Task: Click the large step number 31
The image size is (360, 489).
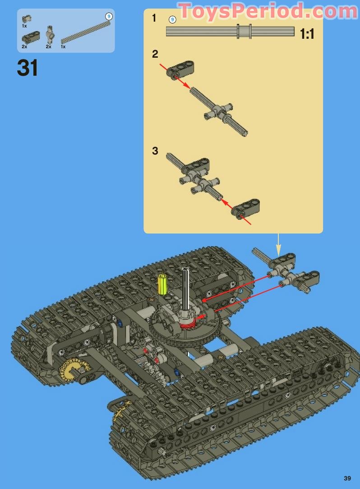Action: tap(28, 68)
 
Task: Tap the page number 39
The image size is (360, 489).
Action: tap(347, 478)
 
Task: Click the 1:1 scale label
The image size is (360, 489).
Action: tap(307, 34)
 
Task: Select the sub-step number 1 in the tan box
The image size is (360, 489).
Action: tap(154, 18)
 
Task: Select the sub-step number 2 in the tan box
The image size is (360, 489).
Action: tap(155, 54)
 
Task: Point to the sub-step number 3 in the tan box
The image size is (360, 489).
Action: tap(155, 151)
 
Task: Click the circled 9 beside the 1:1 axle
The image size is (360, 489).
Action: tap(172, 19)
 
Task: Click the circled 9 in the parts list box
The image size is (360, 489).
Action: tap(108, 16)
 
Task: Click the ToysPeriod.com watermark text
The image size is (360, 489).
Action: tap(268, 11)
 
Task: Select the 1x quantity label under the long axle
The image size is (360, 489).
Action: tap(63, 46)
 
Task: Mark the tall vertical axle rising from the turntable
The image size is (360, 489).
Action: tap(185, 288)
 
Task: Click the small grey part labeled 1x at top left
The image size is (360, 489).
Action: tap(27, 18)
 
